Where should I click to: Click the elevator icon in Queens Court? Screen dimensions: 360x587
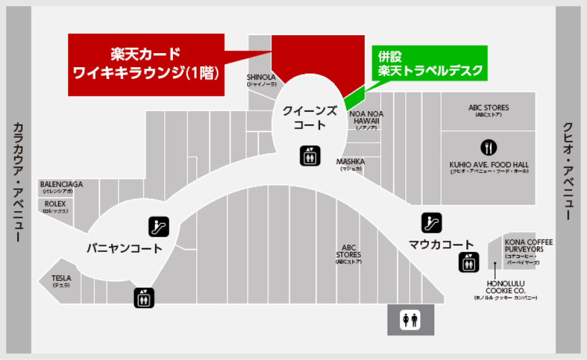pyautogui.click(x=310, y=156)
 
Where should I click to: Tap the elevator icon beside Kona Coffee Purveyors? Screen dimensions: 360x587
pyautogui.click(x=468, y=262)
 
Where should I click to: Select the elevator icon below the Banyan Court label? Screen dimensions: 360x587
pyautogui.click(x=144, y=298)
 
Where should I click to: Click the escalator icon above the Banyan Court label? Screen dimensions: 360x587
pyautogui.click(x=159, y=227)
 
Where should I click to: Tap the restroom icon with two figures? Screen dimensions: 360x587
pyautogui.click(x=410, y=320)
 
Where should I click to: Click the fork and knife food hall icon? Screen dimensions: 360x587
pyautogui.click(x=489, y=148)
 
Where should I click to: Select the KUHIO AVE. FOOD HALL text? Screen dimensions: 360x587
pyautogui.click(x=489, y=167)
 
